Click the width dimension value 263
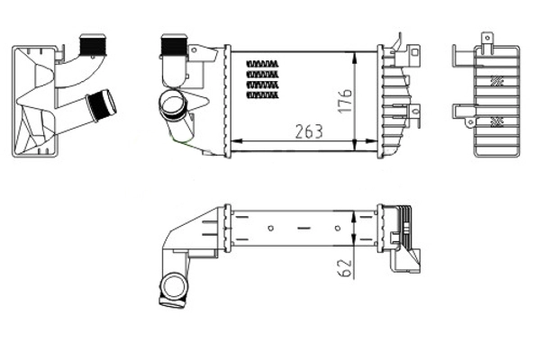[309, 131]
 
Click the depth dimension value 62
[343, 266]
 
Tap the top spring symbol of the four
[262, 63]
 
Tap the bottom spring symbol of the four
[262, 93]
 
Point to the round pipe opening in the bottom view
[171, 289]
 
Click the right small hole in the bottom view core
[337, 228]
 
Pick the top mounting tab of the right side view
[486, 39]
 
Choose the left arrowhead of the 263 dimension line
[236, 142]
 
